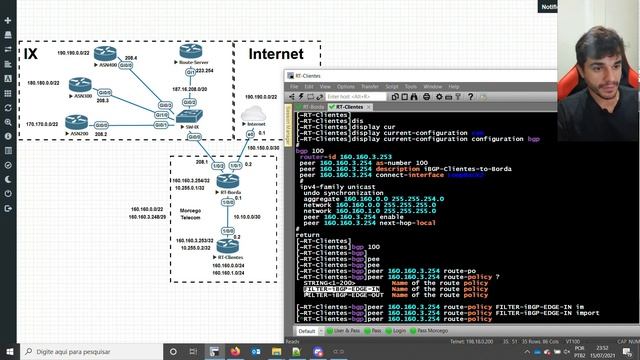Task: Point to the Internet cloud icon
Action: tap(252, 114)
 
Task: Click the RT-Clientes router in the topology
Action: tap(231, 243)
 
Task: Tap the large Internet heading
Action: tap(275, 52)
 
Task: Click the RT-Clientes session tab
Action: tap(350, 106)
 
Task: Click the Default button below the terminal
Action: tap(307, 330)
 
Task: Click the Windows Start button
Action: tap(9, 352)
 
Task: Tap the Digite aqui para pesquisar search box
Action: tap(70, 352)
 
